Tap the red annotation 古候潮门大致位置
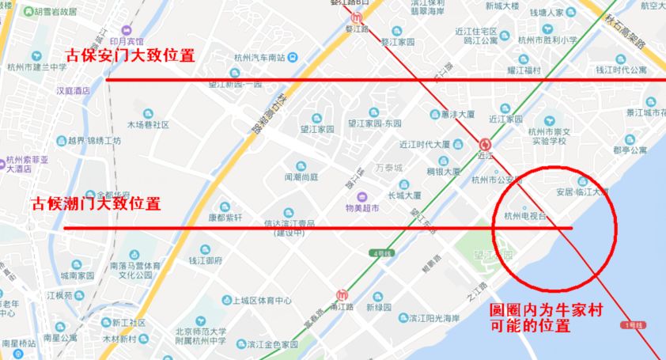click(x=95, y=203)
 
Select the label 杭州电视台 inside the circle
click(x=526, y=215)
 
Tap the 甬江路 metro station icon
click(x=342, y=292)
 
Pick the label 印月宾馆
click(x=127, y=41)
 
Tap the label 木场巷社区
click(x=148, y=125)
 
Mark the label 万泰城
click(x=388, y=169)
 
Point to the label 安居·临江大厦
click(x=581, y=191)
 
